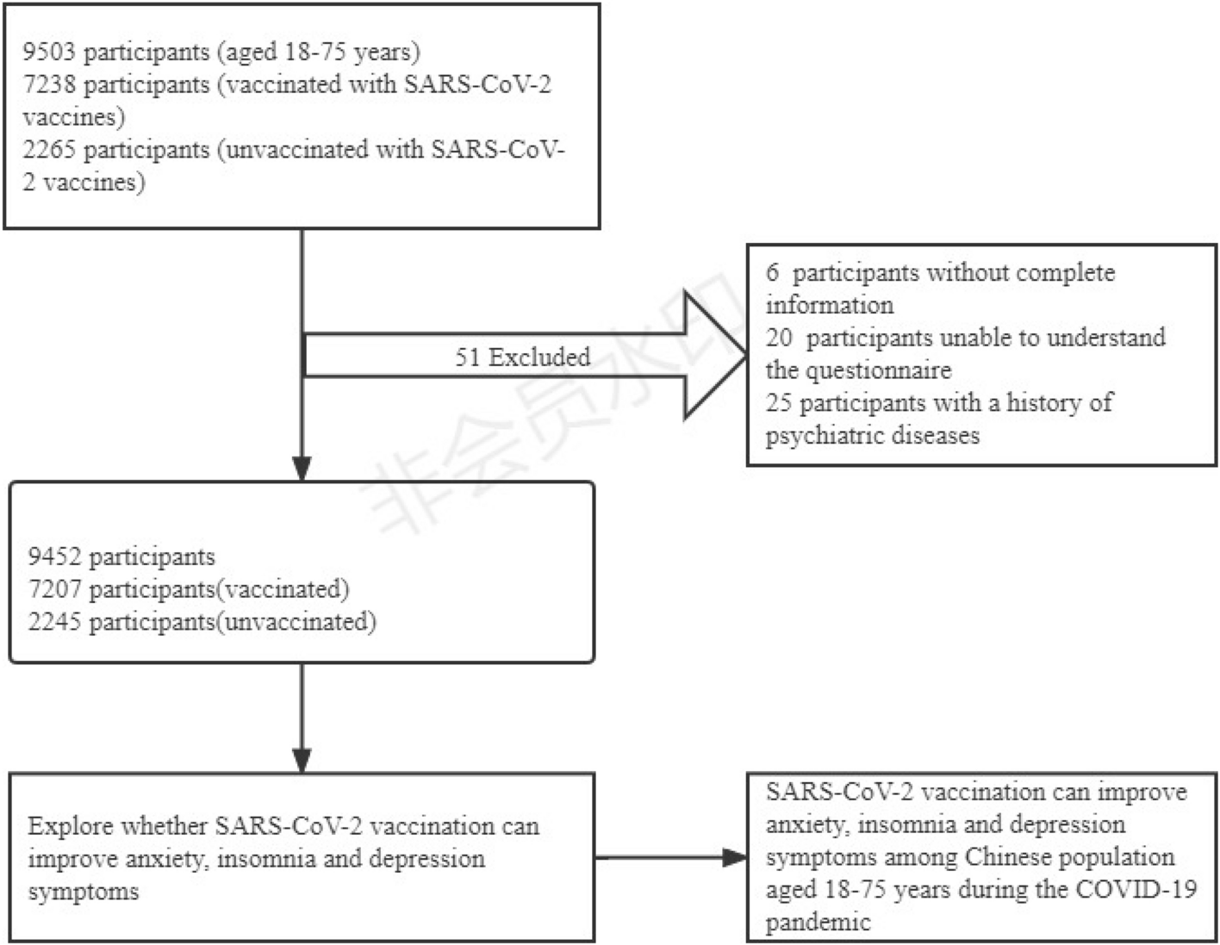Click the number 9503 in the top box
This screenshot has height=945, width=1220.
click(50, 52)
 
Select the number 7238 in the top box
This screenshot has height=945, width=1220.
click(50, 84)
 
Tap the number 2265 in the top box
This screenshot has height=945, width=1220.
click(50, 149)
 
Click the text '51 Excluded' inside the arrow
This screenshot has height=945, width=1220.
click(522, 357)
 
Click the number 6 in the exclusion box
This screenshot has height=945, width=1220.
click(773, 273)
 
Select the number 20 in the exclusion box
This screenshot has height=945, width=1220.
click(779, 338)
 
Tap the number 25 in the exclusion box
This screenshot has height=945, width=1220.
click(779, 402)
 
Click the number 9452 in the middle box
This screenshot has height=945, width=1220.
click(55, 556)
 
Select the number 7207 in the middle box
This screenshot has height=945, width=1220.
click(55, 589)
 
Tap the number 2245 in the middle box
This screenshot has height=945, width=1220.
click(55, 622)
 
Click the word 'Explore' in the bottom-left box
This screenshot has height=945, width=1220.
click(70, 826)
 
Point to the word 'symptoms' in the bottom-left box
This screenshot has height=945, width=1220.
click(83, 891)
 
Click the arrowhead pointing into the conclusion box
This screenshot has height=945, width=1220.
click(735, 857)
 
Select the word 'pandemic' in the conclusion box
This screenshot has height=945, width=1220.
click(818, 923)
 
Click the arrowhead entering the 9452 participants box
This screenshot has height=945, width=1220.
click(302, 469)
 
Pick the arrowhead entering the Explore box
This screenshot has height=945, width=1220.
click(302, 760)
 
